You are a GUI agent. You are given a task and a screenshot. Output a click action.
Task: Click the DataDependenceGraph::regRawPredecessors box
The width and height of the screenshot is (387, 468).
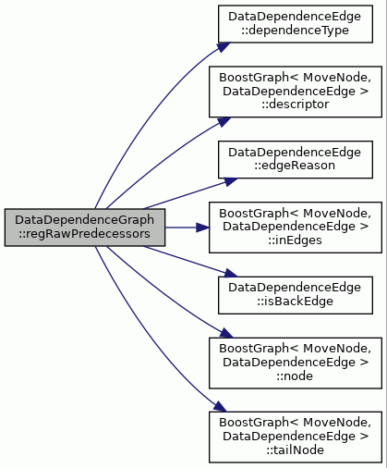(x=85, y=228)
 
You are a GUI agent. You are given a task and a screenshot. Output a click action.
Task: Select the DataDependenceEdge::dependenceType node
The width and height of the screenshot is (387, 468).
(x=296, y=24)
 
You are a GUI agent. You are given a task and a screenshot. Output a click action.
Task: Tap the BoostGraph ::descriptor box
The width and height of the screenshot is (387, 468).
(x=296, y=92)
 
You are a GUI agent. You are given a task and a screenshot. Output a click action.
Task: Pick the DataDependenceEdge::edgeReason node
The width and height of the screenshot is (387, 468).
(x=296, y=160)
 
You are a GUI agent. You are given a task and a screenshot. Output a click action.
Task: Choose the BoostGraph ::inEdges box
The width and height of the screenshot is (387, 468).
(x=296, y=228)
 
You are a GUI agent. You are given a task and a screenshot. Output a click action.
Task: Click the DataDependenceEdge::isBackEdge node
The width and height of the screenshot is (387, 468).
(x=296, y=295)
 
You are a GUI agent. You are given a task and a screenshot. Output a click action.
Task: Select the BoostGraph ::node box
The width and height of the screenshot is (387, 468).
(x=296, y=363)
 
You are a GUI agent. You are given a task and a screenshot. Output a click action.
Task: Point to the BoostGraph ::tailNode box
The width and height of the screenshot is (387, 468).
(x=296, y=437)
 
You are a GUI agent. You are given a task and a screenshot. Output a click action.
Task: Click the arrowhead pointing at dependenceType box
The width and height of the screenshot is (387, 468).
(x=224, y=47)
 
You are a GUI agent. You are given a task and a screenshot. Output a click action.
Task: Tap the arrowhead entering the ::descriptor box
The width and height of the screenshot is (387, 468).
(x=224, y=121)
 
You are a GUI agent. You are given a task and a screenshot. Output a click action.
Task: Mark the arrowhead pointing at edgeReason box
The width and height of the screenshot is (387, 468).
(x=230, y=181)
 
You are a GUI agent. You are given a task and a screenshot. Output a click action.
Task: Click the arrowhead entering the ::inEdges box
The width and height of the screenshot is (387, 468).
(x=202, y=228)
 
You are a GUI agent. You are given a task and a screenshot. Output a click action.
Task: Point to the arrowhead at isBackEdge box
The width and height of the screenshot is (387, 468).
(x=230, y=273)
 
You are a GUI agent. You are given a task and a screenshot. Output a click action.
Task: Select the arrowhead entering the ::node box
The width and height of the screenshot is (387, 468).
(x=226, y=333)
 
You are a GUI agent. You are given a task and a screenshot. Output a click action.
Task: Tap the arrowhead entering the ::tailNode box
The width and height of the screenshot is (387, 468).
(x=220, y=407)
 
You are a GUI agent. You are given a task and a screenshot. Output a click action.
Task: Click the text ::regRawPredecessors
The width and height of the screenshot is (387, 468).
(x=84, y=234)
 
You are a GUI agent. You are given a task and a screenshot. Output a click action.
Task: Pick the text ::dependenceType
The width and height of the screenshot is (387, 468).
(x=295, y=31)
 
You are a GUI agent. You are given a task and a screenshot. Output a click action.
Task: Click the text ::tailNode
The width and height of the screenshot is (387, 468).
(x=296, y=450)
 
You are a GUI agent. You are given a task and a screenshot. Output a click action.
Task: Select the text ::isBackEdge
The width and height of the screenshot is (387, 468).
(x=296, y=302)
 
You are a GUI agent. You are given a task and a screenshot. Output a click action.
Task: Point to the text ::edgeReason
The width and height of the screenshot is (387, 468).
(x=295, y=166)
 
